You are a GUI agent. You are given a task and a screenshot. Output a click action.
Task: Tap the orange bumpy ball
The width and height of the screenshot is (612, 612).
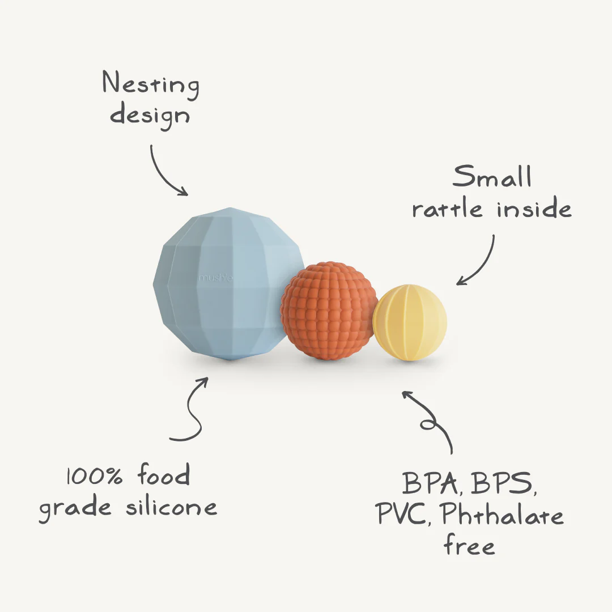[329, 311]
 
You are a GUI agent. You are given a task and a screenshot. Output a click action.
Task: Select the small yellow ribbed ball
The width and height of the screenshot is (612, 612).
[410, 322]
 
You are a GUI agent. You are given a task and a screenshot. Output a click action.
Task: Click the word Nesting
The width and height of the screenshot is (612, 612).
[151, 85]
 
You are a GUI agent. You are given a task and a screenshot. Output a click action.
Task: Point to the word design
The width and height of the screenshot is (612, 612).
[150, 115]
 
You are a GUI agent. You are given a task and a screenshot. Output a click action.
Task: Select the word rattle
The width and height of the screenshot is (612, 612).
[448, 209]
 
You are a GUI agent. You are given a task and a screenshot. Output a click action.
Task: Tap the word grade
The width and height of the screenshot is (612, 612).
[75, 508]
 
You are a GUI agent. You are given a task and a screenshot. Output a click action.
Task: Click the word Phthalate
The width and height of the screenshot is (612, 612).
[502, 516]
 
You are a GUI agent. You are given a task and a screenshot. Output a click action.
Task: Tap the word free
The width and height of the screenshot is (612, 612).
[469, 546]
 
